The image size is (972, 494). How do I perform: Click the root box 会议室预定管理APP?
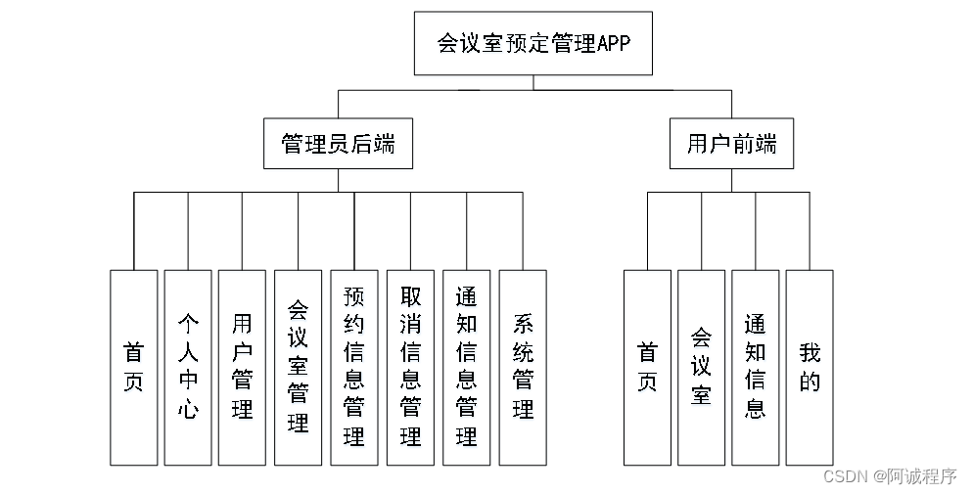pyautogui.click(x=532, y=43)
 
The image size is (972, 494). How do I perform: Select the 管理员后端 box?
pyautogui.click(x=338, y=144)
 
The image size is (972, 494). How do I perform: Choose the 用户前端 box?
pyautogui.click(x=731, y=144)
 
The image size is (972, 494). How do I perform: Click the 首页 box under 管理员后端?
pyautogui.click(x=133, y=367)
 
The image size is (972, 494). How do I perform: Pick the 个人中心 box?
pyautogui.click(x=188, y=367)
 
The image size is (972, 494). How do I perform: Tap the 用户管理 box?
pyautogui.click(x=242, y=367)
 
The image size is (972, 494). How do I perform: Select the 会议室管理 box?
pyautogui.click(x=298, y=367)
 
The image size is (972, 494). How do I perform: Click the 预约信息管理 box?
pyautogui.click(x=353, y=367)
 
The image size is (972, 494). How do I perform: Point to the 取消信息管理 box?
pyautogui.click(x=410, y=367)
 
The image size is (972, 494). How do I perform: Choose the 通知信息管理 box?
pyautogui.click(x=466, y=367)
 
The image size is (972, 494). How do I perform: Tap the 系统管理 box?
pyautogui.click(x=523, y=367)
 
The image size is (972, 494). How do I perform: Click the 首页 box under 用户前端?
pyautogui.click(x=647, y=367)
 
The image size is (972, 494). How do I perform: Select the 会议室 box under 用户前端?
pyautogui.click(x=701, y=367)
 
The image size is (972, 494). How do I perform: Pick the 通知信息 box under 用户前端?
pyautogui.click(x=755, y=367)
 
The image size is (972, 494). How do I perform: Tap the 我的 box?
pyautogui.click(x=810, y=367)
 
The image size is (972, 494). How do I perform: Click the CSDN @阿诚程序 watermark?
pyautogui.click(x=889, y=476)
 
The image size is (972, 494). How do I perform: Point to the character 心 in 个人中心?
pyautogui.click(x=188, y=409)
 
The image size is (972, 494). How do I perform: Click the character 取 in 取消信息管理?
pyautogui.click(x=410, y=296)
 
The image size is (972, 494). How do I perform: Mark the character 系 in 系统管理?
pyautogui.click(x=523, y=324)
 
